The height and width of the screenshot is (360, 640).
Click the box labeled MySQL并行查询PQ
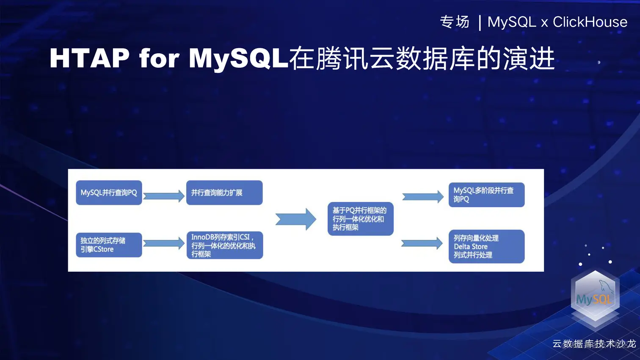109,193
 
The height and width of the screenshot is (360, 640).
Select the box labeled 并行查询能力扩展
224,193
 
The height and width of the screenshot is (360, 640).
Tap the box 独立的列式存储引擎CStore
109,245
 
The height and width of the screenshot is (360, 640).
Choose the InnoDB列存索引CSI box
224,245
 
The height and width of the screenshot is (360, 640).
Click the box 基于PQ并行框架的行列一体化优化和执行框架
360,219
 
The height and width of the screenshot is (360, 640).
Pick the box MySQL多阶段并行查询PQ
486,195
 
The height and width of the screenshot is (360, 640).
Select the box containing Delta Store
486,247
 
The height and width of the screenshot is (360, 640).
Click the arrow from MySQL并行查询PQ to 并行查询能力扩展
164,196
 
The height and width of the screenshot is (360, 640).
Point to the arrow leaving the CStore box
164,243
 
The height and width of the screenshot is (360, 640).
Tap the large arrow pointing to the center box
295,219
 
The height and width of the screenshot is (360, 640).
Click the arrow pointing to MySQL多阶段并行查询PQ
422,196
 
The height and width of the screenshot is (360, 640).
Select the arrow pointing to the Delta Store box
422,243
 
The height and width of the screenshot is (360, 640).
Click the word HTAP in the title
89,58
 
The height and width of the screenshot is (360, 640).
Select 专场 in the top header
455,22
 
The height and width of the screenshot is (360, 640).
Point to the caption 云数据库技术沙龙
594,344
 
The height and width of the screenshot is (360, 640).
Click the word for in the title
159,58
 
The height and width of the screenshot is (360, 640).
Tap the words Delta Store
471,247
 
